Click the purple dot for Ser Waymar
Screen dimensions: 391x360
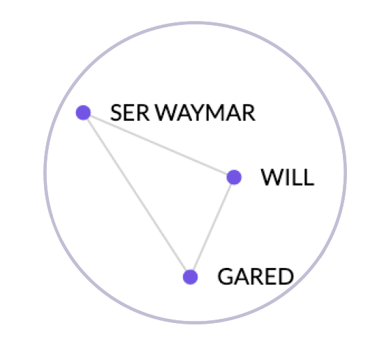(x=83, y=112)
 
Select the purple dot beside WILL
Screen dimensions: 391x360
(x=234, y=177)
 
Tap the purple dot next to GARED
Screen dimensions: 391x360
(x=190, y=277)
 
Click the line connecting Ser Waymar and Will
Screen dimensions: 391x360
(x=158, y=145)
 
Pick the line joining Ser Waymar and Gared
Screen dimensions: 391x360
(x=137, y=195)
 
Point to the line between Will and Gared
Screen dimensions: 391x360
(x=212, y=227)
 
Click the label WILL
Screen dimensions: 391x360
(x=287, y=177)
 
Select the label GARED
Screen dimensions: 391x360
(x=256, y=276)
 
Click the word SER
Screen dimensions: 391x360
(x=130, y=112)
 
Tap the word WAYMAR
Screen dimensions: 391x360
(x=205, y=112)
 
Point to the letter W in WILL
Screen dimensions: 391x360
(x=272, y=177)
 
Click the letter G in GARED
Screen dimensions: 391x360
(x=226, y=276)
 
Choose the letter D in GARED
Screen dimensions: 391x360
(x=286, y=276)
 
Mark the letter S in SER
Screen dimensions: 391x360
(x=116, y=112)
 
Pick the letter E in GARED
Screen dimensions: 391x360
(x=271, y=276)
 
